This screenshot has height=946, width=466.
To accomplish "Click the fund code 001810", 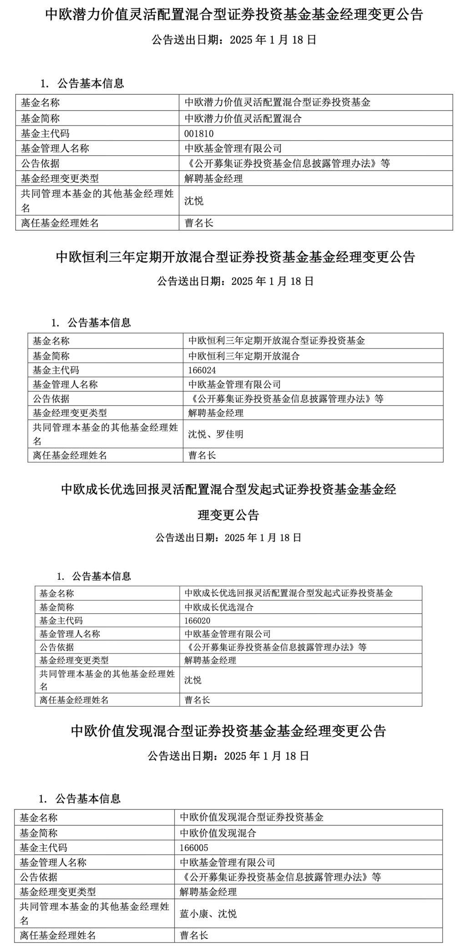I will point(199,133).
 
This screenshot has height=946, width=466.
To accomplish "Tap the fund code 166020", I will point(198,620).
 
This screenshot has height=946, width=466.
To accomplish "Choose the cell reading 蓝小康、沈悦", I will point(208,913).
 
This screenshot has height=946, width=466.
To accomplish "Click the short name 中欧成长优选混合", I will point(219,607).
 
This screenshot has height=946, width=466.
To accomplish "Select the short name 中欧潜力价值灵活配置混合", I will point(243,118).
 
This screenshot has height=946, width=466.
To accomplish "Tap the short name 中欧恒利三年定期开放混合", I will point(244,356).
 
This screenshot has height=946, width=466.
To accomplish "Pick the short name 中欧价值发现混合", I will point(218,833).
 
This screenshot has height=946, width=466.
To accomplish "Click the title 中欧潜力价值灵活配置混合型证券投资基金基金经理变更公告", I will point(234,15).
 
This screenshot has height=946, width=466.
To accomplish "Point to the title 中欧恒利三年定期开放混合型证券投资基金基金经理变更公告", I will point(235,257).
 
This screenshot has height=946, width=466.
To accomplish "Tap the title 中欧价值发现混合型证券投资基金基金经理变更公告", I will point(228,731).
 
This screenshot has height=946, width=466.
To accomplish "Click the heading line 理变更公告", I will point(228,515).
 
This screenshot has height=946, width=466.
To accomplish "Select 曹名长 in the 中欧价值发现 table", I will point(194,935).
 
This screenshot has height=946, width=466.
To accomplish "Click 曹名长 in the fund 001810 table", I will point(199,223).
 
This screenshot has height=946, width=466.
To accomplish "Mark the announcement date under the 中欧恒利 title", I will point(235,281).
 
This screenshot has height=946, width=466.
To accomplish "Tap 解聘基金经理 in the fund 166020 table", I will point(210,660).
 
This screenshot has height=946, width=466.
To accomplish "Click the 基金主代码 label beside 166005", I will point(43,847).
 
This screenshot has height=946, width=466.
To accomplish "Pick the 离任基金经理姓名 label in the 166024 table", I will point(70,455).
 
